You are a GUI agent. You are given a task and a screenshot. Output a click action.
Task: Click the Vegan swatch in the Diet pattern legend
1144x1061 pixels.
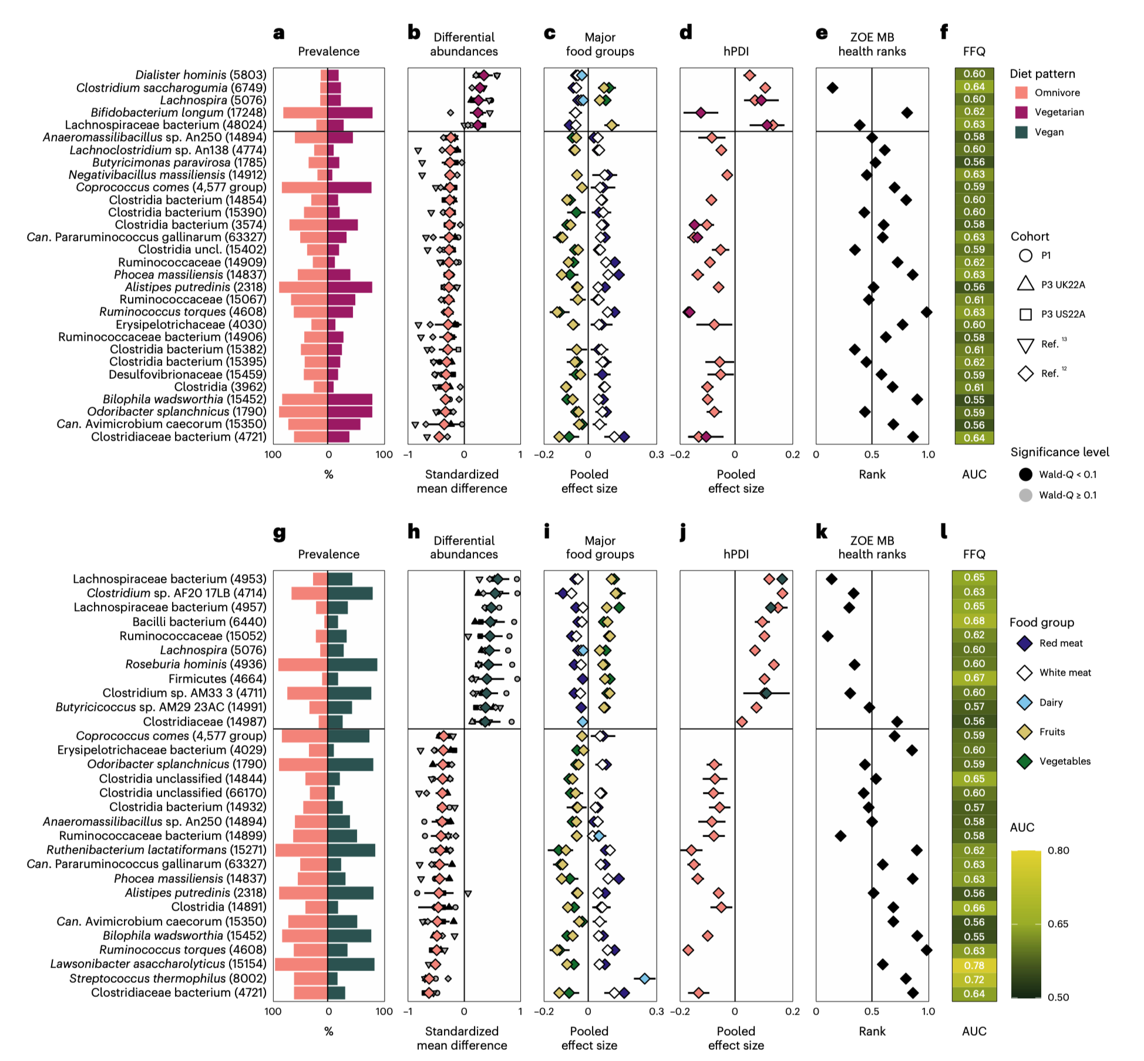click(1021, 132)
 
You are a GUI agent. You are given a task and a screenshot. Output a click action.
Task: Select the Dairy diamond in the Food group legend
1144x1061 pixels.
click(1024, 702)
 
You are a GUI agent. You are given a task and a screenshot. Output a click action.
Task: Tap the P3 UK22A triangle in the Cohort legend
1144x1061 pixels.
click(1025, 284)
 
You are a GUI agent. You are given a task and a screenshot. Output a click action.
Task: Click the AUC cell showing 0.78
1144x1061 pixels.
click(974, 965)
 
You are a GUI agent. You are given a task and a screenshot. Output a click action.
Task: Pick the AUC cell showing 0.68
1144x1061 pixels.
click(974, 620)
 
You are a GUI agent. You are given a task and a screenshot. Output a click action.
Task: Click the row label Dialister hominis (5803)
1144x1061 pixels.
click(200, 75)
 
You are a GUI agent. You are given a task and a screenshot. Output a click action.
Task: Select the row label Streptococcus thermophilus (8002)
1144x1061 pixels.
click(167, 978)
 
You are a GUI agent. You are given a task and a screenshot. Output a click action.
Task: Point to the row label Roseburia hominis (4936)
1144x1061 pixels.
click(196, 664)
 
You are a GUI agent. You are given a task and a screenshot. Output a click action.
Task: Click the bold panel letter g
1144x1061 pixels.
click(279, 533)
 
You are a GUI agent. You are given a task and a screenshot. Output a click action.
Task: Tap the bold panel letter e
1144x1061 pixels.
click(821, 33)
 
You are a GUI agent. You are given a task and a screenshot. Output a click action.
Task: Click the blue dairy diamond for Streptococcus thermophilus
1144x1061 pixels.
click(644, 978)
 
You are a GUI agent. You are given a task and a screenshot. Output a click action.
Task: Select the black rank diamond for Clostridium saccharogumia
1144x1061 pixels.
click(832, 88)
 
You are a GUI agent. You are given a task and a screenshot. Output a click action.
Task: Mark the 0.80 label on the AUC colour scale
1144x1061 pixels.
click(1058, 850)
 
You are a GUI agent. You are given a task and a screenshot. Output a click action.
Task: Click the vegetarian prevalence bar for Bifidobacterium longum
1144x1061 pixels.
click(350, 112)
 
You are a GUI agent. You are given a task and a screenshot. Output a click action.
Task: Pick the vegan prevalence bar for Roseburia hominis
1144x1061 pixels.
click(352, 664)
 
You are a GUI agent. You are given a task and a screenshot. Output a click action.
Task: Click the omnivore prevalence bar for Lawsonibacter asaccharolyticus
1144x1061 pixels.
click(301, 964)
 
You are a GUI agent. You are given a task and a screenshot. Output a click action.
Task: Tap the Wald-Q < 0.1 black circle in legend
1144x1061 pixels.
click(1025, 474)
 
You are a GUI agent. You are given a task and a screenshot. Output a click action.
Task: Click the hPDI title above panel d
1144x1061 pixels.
click(736, 51)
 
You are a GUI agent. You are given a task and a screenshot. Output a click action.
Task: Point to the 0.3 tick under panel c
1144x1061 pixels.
click(656, 454)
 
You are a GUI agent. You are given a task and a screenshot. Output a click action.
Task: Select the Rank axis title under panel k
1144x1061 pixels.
click(872, 1030)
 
